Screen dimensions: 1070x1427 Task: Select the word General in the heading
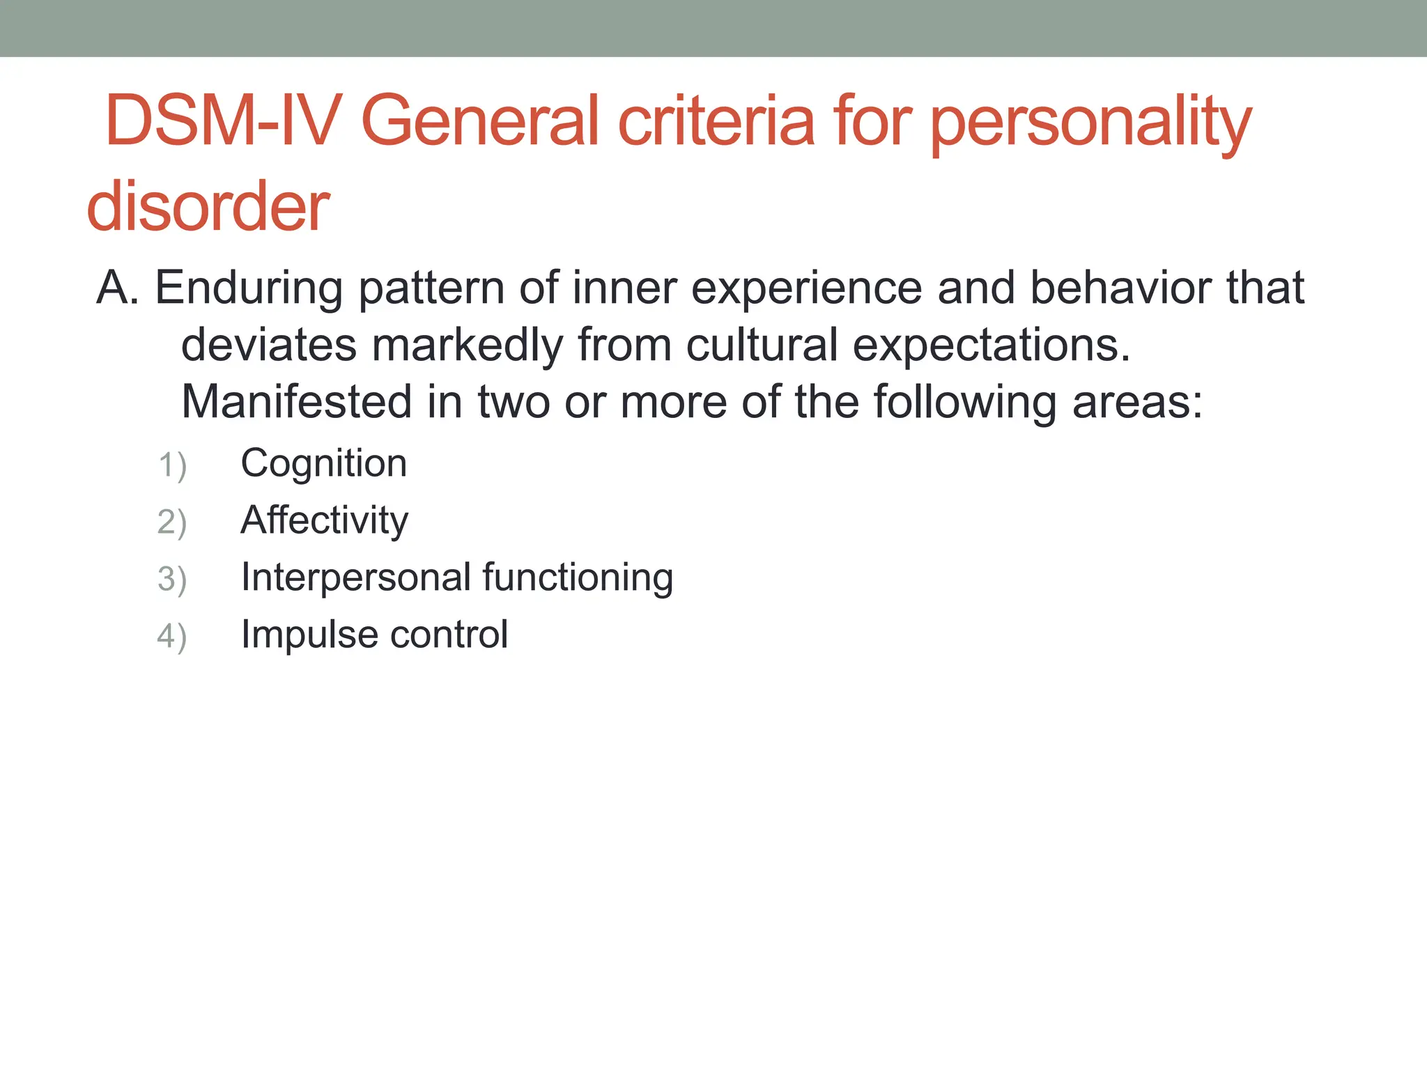pos(481,122)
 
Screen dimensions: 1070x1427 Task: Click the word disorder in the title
pos(208,207)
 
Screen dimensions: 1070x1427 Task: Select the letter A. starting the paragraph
pos(118,287)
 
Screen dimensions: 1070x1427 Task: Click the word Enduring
pos(248,288)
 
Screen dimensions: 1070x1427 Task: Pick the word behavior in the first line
pos(1121,287)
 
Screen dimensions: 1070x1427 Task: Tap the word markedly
pos(467,346)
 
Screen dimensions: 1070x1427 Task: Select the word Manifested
pos(297,402)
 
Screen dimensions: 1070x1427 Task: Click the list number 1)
pos(172,465)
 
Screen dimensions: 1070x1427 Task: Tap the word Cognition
pos(323,464)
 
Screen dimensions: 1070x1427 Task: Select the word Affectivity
pos(324,520)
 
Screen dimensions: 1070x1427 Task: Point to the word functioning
pos(578,578)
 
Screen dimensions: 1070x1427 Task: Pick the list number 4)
pos(172,637)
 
